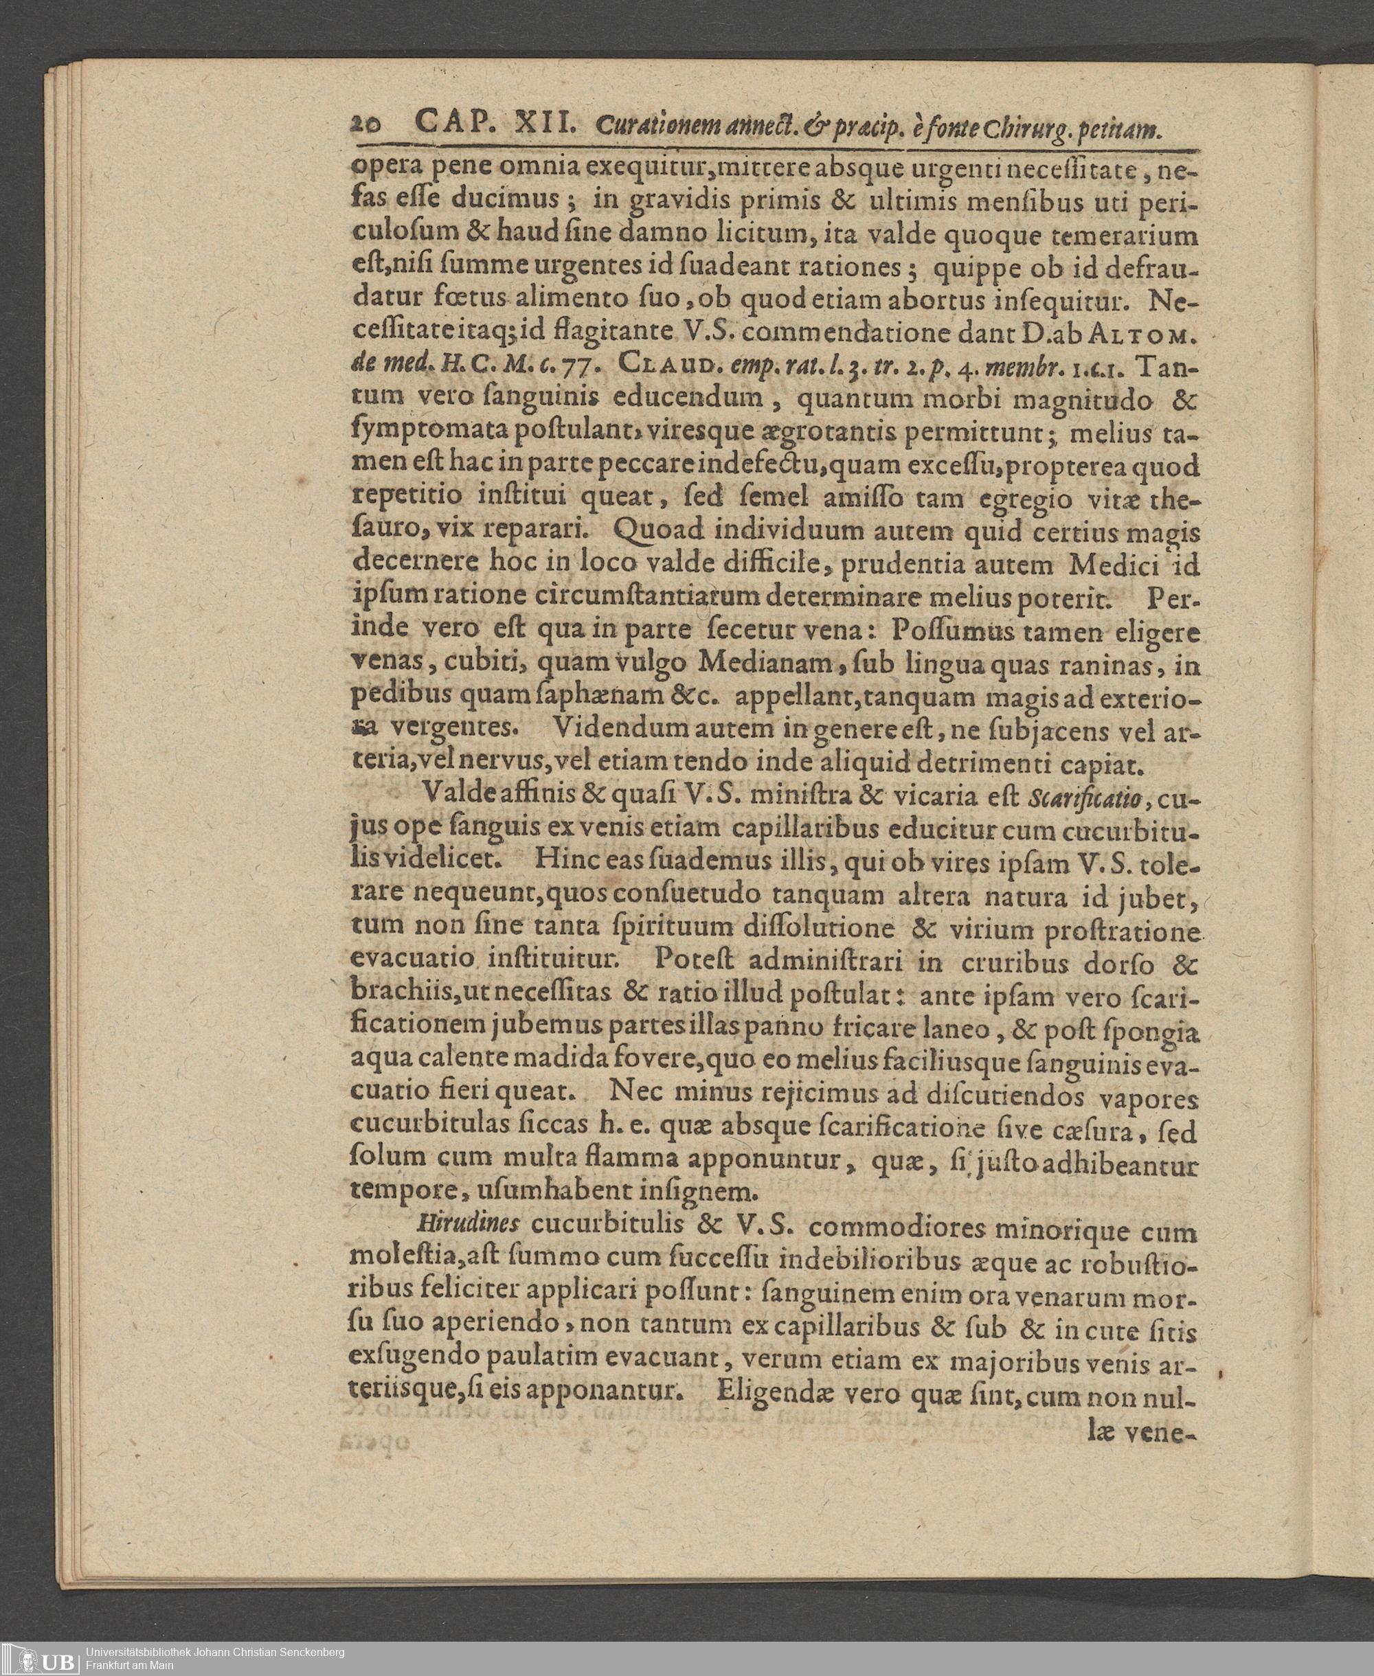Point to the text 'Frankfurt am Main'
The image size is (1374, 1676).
click(130, 1665)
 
